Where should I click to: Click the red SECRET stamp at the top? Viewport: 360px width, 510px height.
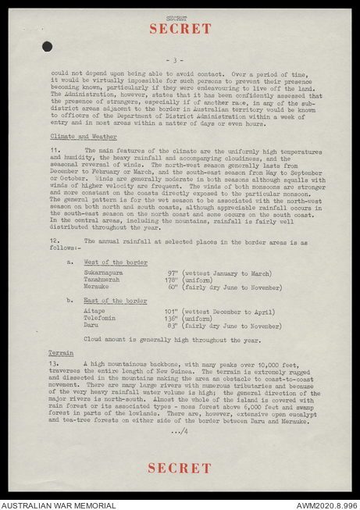pyautogui.click(x=180, y=29)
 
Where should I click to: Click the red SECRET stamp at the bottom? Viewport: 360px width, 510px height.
pyautogui.click(x=180, y=468)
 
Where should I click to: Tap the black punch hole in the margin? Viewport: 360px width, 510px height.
pyautogui.click(x=47, y=47)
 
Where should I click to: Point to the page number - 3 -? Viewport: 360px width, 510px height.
pyautogui.click(x=179, y=59)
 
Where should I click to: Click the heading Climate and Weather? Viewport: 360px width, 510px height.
pyautogui.click(x=77, y=136)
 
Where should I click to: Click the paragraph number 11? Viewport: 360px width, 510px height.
pyautogui.click(x=55, y=149)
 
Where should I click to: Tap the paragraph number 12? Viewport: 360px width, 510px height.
pyautogui.click(x=55, y=242)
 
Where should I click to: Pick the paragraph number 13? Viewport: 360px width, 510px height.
pyautogui.click(x=55, y=365)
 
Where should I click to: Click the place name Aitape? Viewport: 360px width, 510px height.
pyautogui.click(x=94, y=311)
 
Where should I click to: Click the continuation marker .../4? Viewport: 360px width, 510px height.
pyautogui.click(x=179, y=432)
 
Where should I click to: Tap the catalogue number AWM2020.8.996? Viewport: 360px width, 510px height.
pyautogui.click(x=326, y=505)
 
